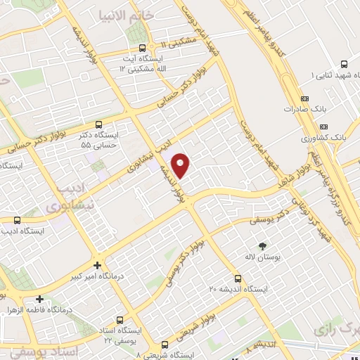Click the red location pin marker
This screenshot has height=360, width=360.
[x=181, y=165]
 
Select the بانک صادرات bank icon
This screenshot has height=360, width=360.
[x=304, y=98]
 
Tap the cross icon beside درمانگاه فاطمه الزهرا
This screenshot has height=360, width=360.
[x=40, y=297]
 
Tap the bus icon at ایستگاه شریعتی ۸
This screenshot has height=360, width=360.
[x=165, y=345]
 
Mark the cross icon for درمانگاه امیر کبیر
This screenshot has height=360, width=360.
[x=98, y=265]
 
